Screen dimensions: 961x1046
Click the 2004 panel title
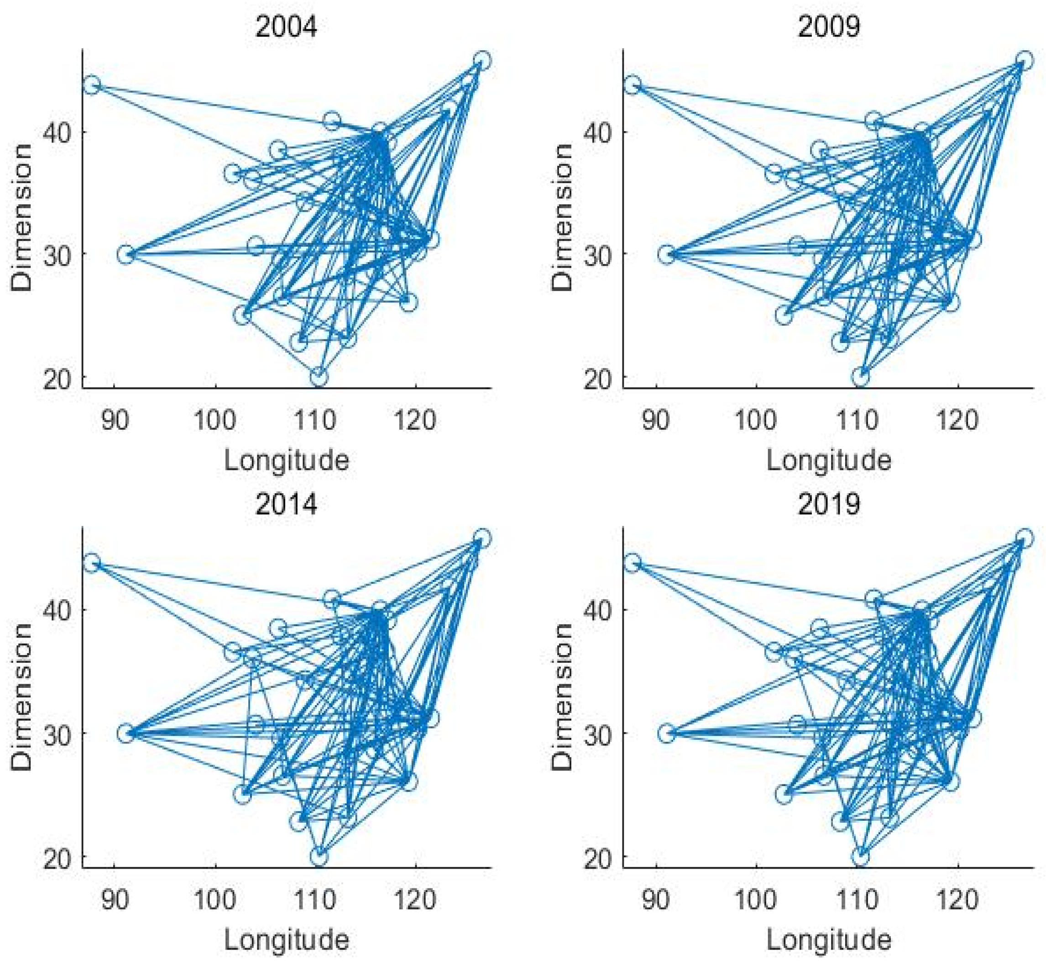click(286, 26)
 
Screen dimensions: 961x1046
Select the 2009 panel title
click(828, 26)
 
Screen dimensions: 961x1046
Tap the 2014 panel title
click(286, 503)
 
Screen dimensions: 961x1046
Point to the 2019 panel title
click(828, 503)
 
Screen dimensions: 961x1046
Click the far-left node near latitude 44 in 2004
click(92, 85)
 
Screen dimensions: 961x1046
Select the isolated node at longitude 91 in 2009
click(666, 255)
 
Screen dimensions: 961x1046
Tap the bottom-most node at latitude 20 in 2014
click(319, 856)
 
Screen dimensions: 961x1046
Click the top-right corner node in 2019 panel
click(1024, 538)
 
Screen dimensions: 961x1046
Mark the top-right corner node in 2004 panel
click(482, 60)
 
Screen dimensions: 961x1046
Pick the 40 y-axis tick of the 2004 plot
click(58, 132)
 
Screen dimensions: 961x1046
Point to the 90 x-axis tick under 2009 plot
click(655, 420)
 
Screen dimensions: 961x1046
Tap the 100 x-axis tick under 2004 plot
click(215, 420)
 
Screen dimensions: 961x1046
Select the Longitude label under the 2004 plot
click(286, 461)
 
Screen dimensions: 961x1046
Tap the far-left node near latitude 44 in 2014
click(92, 563)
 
